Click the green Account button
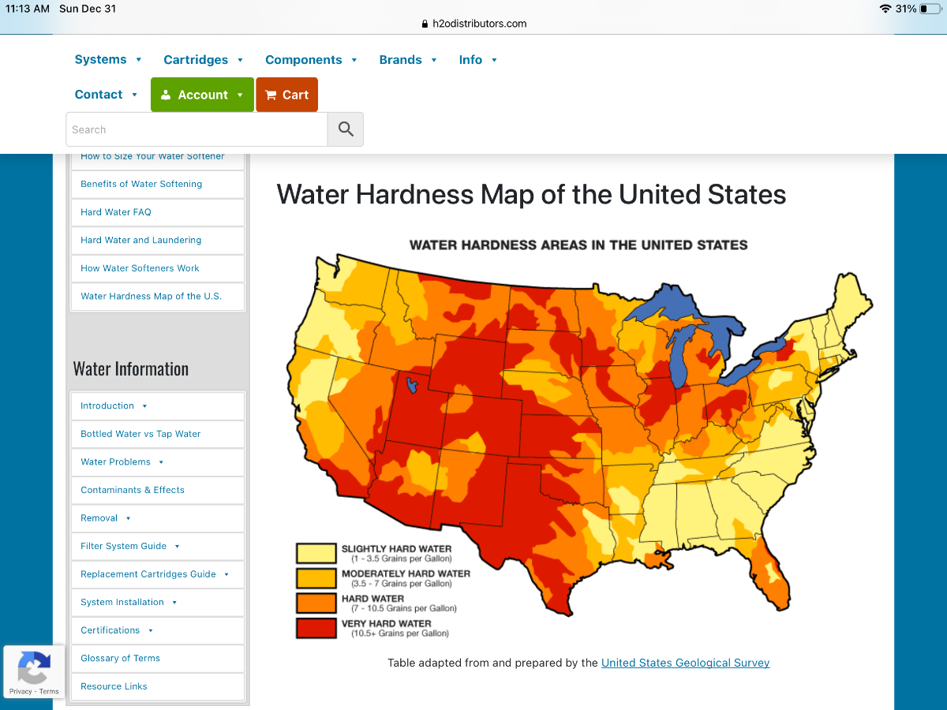pyautogui.click(x=202, y=95)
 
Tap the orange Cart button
pyautogui.click(x=286, y=95)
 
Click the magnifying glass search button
pyautogui.click(x=346, y=129)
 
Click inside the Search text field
pyautogui.click(x=197, y=129)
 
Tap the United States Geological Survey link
pyautogui.click(x=685, y=663)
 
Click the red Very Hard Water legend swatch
pyautogui.click(x=316, y=628)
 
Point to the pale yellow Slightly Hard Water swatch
pyautogui.click(x=316, y=552)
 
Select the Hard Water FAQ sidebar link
pyautogui.click(x=116, y=212)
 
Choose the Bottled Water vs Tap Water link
pyautogui.click(x=140, y=434)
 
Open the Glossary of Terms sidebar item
pyautogui.click(x=120, y=658)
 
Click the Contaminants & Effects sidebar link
pyautogui.click(x=133, y=490)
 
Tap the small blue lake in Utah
pyautogui.click(x=410, y=385)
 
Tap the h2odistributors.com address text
pyautogui.click(x=479, y=24)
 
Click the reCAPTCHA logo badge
pyautogui.click(x=33, y=667)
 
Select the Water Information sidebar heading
pyautogui.click(x=131, y=369)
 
